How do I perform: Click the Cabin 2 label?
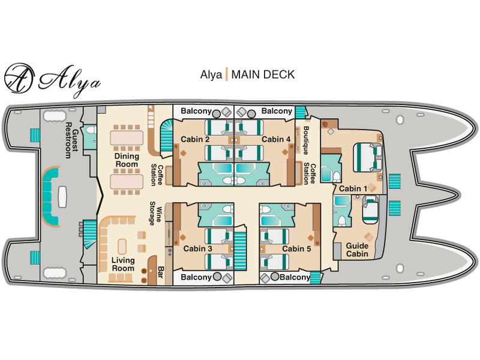(195, 139)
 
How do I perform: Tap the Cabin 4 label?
(276, 139)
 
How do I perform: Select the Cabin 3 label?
(197, 248)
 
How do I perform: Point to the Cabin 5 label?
(296, 248)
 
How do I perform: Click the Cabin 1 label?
(353, 188)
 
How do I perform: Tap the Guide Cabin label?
(357, 250)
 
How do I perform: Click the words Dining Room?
(127, 160)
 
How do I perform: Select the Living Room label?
(123, 264)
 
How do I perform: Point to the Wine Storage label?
(155, 214)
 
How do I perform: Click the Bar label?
(160, 272)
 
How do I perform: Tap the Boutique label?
(306, 140)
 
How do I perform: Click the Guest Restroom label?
(71, 140)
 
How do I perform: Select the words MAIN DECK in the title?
(263, 74)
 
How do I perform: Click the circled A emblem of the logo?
(19, 78)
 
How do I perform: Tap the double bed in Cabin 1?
(368, 157)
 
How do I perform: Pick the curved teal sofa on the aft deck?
(49, 196)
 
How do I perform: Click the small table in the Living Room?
(122, 247)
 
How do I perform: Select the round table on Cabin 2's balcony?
(216, 114)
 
